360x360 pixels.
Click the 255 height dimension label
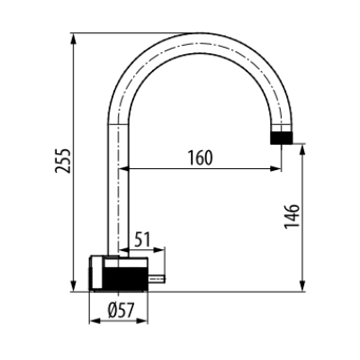(63, 160)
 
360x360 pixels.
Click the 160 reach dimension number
(200, 158)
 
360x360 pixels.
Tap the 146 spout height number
(292, 216)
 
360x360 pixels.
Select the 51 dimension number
(142, 239)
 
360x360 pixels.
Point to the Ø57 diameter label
(121, 310)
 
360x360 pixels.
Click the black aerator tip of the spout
(281, 138)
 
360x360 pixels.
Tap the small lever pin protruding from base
(157, 279)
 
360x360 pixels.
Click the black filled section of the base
(125, 279)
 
